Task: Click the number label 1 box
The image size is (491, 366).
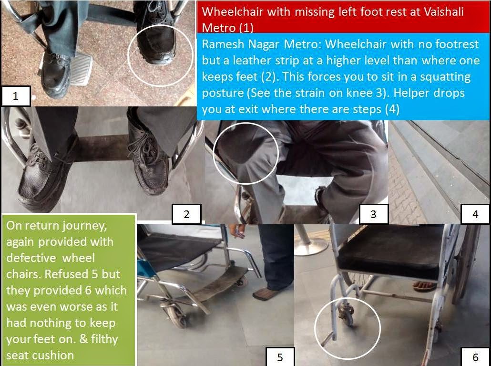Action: (x=16, y=96)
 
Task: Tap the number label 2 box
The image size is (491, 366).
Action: (x=187, y=214)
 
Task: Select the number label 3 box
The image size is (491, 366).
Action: (x=374, y=214)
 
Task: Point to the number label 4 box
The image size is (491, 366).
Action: (x=475, y=214)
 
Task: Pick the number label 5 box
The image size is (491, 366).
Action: (x=280, y=356)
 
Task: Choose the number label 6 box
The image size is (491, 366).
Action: (x=475, y=356)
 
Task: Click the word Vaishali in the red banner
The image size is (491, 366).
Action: (x=443, y=11)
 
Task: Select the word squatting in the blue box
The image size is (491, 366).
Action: (x=445, y=77)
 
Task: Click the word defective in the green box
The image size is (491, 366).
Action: (x=31, y=258)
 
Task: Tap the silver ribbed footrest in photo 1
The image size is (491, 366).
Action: (x=80, y=68)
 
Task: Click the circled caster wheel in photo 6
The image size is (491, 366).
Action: (x=346, y=314)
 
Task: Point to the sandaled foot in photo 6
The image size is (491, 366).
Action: (x=424, y=286)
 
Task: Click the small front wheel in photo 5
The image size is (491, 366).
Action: (x=177, y=316)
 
